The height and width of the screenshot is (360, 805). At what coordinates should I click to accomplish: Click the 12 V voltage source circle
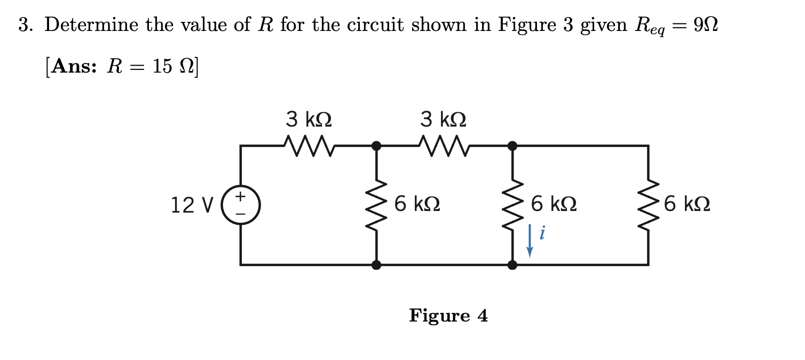click(x=241, y=205)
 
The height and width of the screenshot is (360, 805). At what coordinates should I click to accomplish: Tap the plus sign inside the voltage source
click(x=241, y=197)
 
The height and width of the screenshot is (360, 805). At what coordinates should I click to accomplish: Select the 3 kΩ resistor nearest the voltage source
click(x=309, y=144)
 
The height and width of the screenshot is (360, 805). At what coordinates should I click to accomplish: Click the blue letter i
click(x=542, y=233)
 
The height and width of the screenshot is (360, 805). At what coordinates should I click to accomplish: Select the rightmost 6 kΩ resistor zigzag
click(x=648, y=205)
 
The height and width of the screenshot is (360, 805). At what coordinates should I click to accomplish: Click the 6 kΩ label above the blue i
click(x=554, y=205)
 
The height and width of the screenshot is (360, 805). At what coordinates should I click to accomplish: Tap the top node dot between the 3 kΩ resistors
click(x=376, y=145)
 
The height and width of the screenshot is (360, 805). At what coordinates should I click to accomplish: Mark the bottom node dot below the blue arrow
click(x=512, y=264)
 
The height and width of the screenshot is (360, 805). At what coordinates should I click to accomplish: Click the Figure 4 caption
click(x=448, y=316)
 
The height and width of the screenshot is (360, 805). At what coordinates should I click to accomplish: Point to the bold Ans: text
click(x=73, y=67)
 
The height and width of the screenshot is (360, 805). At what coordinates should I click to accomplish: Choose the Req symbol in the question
click(x=647, y=27)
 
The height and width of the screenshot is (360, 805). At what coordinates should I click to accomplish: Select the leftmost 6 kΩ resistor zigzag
click(x=376, y=205)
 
